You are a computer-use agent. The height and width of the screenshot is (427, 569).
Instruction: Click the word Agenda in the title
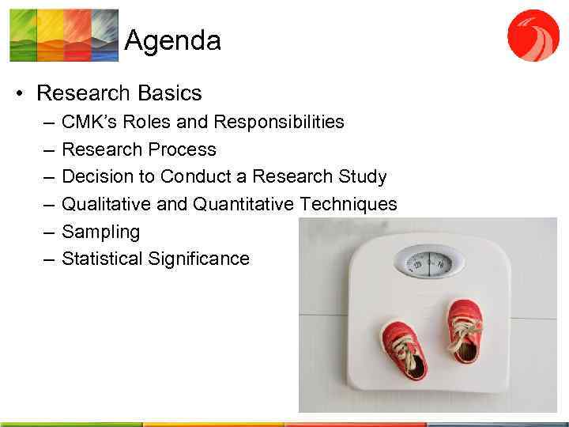172,40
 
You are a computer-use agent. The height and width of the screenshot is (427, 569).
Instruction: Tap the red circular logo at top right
533,35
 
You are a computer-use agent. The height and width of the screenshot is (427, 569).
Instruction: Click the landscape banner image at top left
64,35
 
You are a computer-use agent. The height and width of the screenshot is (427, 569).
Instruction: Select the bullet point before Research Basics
18,94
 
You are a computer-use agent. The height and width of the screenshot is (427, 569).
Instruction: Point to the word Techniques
349,204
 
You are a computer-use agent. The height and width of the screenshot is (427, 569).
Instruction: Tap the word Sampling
100,232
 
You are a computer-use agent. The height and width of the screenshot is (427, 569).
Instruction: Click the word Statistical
102,259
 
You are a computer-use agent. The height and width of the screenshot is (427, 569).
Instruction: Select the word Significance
198,259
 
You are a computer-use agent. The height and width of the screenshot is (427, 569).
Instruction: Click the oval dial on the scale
430,261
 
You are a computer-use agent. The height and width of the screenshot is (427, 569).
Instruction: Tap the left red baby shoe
403,347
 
